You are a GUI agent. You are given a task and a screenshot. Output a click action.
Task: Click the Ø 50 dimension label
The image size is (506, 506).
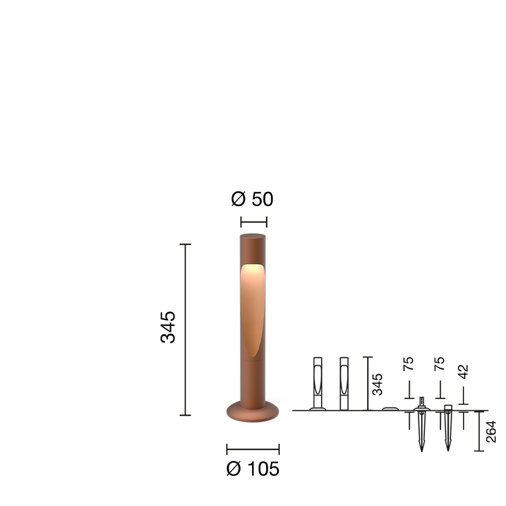tap(252, 200)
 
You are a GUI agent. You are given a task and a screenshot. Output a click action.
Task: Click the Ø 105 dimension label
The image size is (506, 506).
tap(252, 468)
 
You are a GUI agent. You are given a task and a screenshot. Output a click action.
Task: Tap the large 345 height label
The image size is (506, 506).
tap(168, 327)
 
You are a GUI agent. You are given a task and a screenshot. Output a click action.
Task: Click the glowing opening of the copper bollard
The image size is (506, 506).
tap(252, 305)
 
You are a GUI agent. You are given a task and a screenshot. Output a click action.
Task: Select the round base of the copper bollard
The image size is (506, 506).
tap(252, 412)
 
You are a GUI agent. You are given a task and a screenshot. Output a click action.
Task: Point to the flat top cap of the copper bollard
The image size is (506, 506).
tap(252, 236)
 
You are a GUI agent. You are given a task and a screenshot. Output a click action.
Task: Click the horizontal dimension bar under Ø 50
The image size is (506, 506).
tap(254, 221)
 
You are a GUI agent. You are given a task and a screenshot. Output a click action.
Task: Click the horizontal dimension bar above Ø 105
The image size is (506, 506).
tap(252, 449)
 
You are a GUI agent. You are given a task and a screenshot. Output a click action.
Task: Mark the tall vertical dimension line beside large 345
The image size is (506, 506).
tap(186, 330)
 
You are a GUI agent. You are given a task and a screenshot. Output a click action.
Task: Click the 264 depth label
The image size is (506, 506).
tap(491, 431)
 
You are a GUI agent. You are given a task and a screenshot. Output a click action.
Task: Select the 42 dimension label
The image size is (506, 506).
tap(463, 372)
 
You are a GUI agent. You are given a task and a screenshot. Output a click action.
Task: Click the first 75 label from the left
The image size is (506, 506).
tap(409, 364)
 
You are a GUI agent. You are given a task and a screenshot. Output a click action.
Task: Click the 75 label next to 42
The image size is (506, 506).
tap(440, 364)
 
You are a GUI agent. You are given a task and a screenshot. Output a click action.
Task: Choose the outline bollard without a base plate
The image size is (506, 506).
tap(343, 384)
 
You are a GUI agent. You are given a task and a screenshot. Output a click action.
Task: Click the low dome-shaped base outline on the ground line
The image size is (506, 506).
tap(390, 409)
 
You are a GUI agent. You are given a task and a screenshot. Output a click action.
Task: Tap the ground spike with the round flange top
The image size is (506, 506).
tap(421, 427)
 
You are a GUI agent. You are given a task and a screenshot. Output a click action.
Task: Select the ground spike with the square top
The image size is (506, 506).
tap(448, 427)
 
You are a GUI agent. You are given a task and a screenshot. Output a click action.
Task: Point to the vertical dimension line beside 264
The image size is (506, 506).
tap(479, 431)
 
